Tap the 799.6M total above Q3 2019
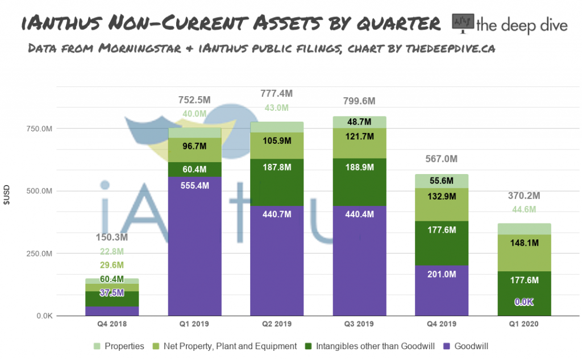point(359,101)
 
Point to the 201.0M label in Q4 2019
point(442,275)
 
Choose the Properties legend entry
point(119,346)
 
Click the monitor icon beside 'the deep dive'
point(463,23)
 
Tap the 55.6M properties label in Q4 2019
point(442,181)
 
